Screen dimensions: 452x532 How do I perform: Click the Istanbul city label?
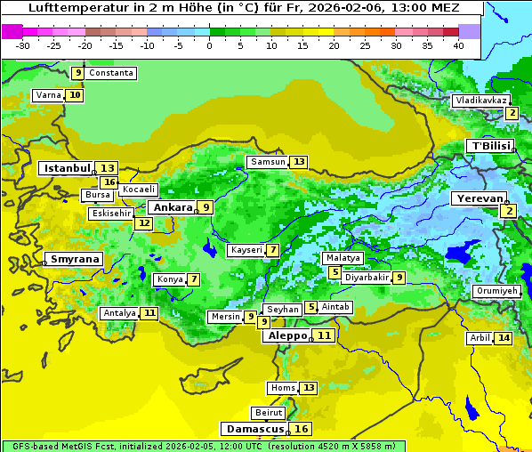click(67, 168)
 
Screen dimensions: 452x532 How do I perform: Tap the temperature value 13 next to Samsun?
click(298, 162)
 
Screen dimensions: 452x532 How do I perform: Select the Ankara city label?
click(172, 207)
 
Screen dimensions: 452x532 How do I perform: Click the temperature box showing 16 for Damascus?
click(302, 429)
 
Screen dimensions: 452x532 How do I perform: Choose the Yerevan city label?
click(479, 199)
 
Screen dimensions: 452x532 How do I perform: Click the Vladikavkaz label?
click(480, 101)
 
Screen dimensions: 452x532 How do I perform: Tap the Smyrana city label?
click(75, 260)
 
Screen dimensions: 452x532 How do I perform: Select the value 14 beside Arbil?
click(504, 338)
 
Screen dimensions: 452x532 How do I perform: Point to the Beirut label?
click(269, 413)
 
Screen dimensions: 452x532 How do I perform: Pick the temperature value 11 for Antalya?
click(149, 313)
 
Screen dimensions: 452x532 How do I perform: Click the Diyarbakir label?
click(367, 278)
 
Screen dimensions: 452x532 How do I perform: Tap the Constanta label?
click(111, 73)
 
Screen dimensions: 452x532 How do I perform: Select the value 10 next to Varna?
click(75, 95)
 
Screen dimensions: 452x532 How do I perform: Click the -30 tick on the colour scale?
click(23, 45)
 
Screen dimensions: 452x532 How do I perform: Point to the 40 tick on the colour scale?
click(458, 45)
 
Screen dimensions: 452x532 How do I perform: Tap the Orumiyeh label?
click(496, 291)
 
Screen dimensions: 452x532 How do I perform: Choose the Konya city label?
click(170, 279)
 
